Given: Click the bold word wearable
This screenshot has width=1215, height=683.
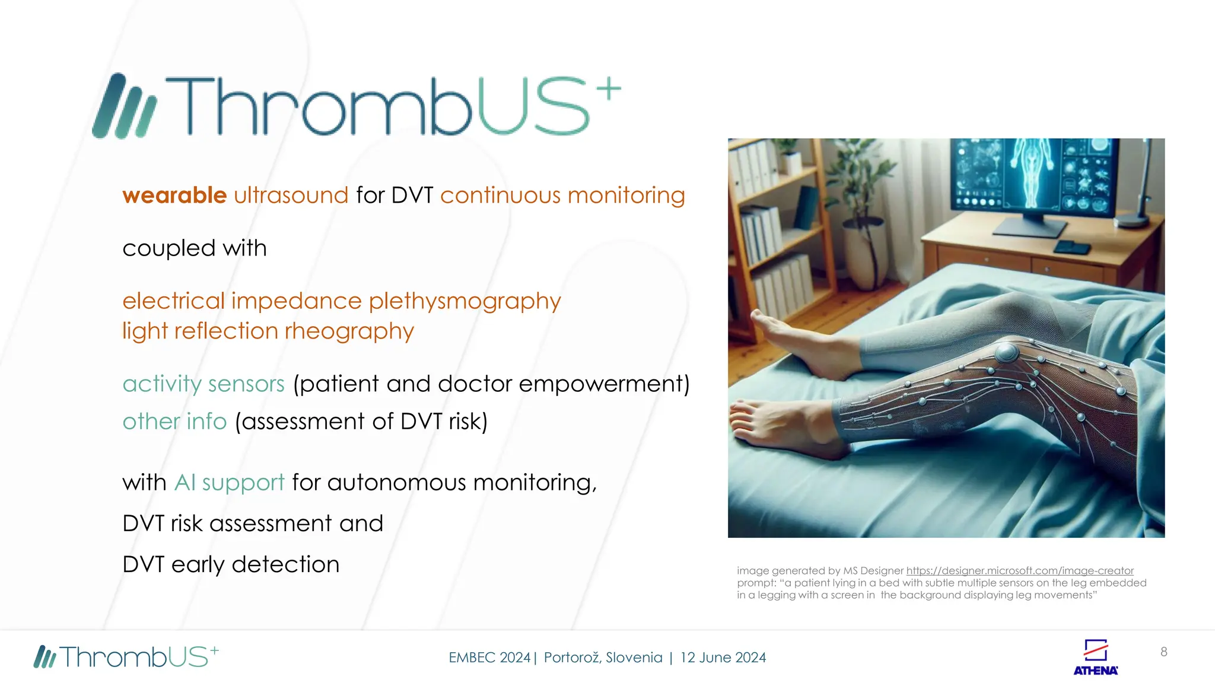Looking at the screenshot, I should (174, 195).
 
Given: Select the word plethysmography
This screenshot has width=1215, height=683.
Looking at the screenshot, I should (465, 301).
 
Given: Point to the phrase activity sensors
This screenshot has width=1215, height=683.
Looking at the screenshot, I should (203, 384).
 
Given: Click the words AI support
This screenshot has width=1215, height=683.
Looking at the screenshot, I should (229, 483).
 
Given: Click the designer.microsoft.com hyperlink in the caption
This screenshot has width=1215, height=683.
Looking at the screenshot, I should (1019, 570).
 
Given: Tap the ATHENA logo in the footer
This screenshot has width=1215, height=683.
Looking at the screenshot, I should (1095, 657).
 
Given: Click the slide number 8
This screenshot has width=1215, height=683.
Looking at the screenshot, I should (1163, 652).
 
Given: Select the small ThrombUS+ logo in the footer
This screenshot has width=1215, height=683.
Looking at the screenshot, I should (126, 657).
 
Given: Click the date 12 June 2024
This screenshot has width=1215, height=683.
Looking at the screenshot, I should (723, 658).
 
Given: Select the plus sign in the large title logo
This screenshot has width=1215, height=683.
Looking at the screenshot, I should (608, 90).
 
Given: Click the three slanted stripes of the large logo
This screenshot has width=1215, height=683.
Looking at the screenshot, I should (124, 107).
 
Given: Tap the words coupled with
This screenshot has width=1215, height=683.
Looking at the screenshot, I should (195, 248).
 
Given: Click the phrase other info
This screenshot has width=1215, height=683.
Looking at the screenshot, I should (174, 422).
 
